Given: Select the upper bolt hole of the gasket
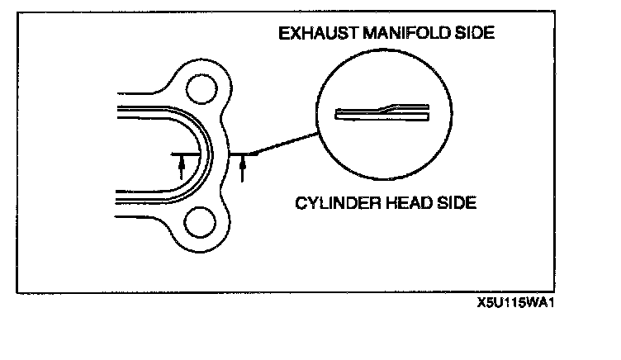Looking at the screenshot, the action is (201, 88).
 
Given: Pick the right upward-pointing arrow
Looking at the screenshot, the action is (243, 168).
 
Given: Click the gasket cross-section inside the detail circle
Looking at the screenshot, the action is (382, 112).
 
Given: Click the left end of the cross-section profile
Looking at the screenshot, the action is (338, 114).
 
